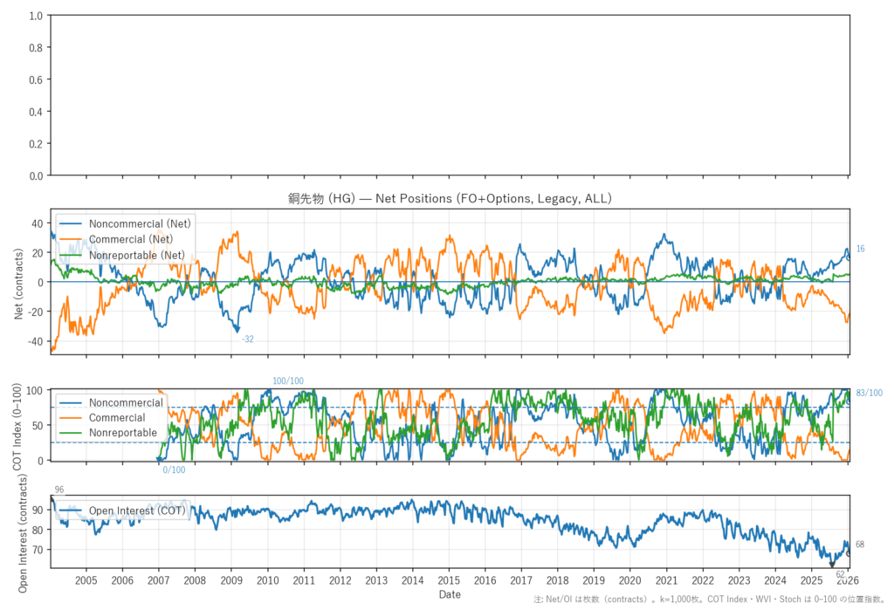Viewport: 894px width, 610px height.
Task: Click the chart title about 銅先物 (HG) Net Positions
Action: (450, 199)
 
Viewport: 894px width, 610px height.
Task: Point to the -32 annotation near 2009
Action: (248, 339)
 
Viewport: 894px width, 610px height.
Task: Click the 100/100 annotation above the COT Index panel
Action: (288, 381)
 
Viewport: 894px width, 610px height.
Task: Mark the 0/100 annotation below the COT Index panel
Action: (174, 470)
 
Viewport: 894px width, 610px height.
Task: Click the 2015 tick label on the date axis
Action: (449, 580)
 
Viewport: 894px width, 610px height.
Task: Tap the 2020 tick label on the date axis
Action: (629, 580)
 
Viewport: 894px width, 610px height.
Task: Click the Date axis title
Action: (450, 594)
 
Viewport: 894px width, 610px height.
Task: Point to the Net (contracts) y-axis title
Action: (18, 281)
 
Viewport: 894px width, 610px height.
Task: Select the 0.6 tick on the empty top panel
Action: (37, 79)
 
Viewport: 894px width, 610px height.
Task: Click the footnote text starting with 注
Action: (711, 601)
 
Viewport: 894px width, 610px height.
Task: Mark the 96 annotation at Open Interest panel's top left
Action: (59, 490)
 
